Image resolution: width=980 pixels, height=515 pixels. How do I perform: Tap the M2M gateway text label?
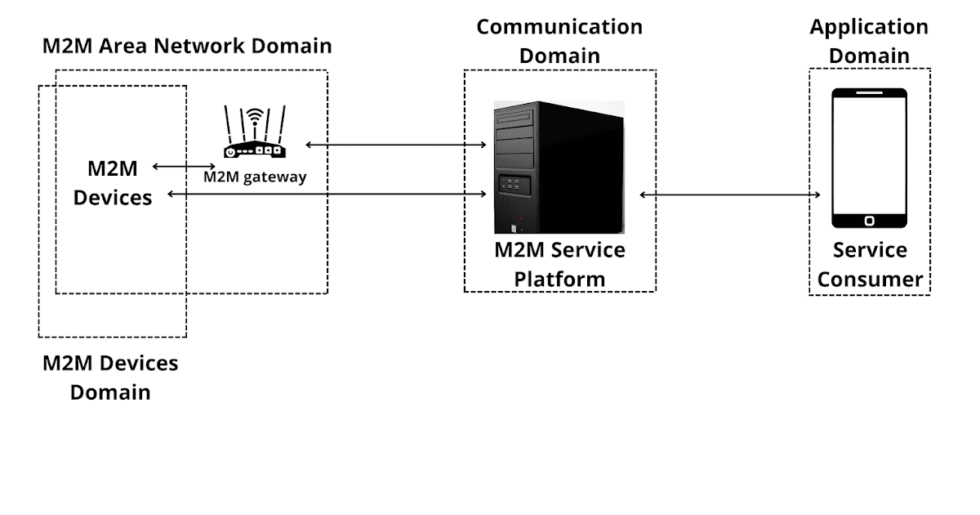click(255, 177)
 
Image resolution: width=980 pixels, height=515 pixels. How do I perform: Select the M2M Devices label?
click(113, 182)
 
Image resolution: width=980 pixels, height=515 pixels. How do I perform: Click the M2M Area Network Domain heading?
click(187, 45)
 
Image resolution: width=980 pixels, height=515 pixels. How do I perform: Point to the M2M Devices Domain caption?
click(110, 377)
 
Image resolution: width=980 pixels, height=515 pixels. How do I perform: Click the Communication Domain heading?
click(559, 41)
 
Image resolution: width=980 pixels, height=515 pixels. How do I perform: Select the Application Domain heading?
click(869, 41)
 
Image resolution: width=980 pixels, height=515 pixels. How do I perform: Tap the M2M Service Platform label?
click(559, 263)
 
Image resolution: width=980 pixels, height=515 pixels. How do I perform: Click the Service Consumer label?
click(870, 264)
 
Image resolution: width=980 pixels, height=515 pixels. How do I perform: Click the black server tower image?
click(559, 167)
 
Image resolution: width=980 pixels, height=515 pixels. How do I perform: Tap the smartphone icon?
click(869, 158)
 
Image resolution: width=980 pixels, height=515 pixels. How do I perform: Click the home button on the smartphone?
click(869, 220)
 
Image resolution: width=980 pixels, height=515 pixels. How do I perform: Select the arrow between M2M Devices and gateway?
click(184, 166)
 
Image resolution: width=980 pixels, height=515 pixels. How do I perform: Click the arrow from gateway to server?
click(396, 145)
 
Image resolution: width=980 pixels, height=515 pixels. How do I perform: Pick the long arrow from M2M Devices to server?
click(327, 194)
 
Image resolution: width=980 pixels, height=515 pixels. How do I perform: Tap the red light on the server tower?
click(521, 219)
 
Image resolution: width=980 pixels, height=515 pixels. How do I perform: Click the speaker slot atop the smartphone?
click(869, 94)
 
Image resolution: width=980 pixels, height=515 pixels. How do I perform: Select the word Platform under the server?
click(559, 279)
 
